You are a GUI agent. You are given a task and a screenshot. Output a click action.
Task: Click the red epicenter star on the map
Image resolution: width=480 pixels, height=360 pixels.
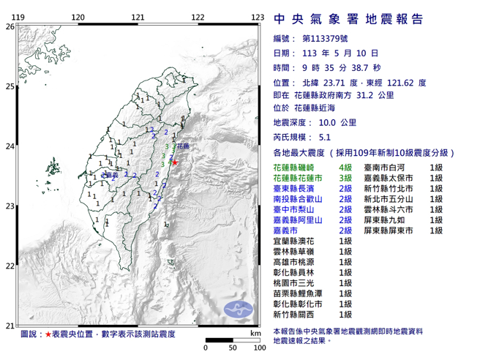click(x=176, y=162)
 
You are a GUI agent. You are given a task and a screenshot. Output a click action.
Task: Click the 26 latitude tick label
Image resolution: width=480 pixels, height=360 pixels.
click(x=10, y=26)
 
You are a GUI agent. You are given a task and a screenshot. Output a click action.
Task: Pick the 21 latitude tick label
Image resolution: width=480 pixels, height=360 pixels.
click(x=10, y=326)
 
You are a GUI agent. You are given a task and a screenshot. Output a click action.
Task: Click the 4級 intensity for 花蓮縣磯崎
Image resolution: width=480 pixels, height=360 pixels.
click(x=344, y=168)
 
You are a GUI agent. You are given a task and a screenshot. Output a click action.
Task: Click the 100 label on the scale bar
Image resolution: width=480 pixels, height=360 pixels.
click(x=258, y=346)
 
